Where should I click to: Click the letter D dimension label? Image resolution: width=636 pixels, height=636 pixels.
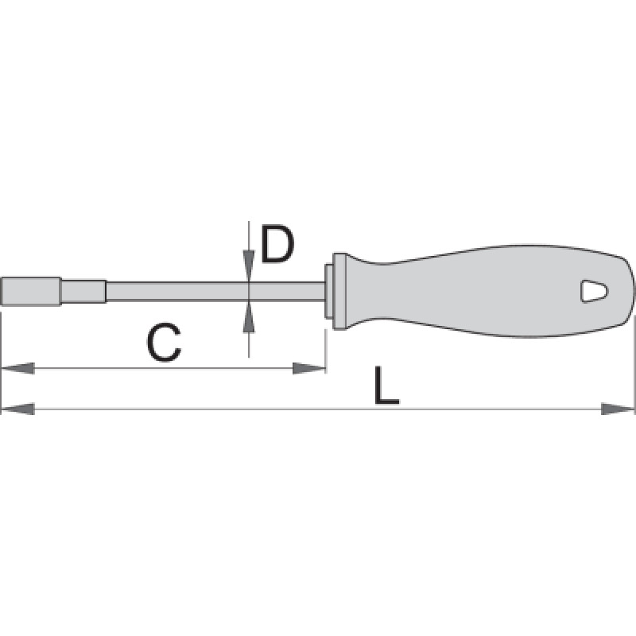[x=277, y=244]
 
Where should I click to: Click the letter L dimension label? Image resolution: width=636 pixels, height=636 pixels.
[x=386, y=386]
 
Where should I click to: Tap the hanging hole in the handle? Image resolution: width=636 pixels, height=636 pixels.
[x=594, y=291]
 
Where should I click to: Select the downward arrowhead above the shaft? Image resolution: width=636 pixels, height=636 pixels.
[x=249, y=266]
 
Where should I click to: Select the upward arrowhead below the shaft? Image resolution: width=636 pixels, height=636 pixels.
[x=249, y=317]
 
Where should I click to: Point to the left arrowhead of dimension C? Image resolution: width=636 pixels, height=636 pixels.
[x=17, y=368]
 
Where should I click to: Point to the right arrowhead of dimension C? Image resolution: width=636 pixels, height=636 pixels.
[x=309, y=368]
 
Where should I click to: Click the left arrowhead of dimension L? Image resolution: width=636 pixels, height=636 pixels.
[x=17, y=409]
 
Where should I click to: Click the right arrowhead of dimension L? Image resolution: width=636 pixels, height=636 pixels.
[x=618, y=409]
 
